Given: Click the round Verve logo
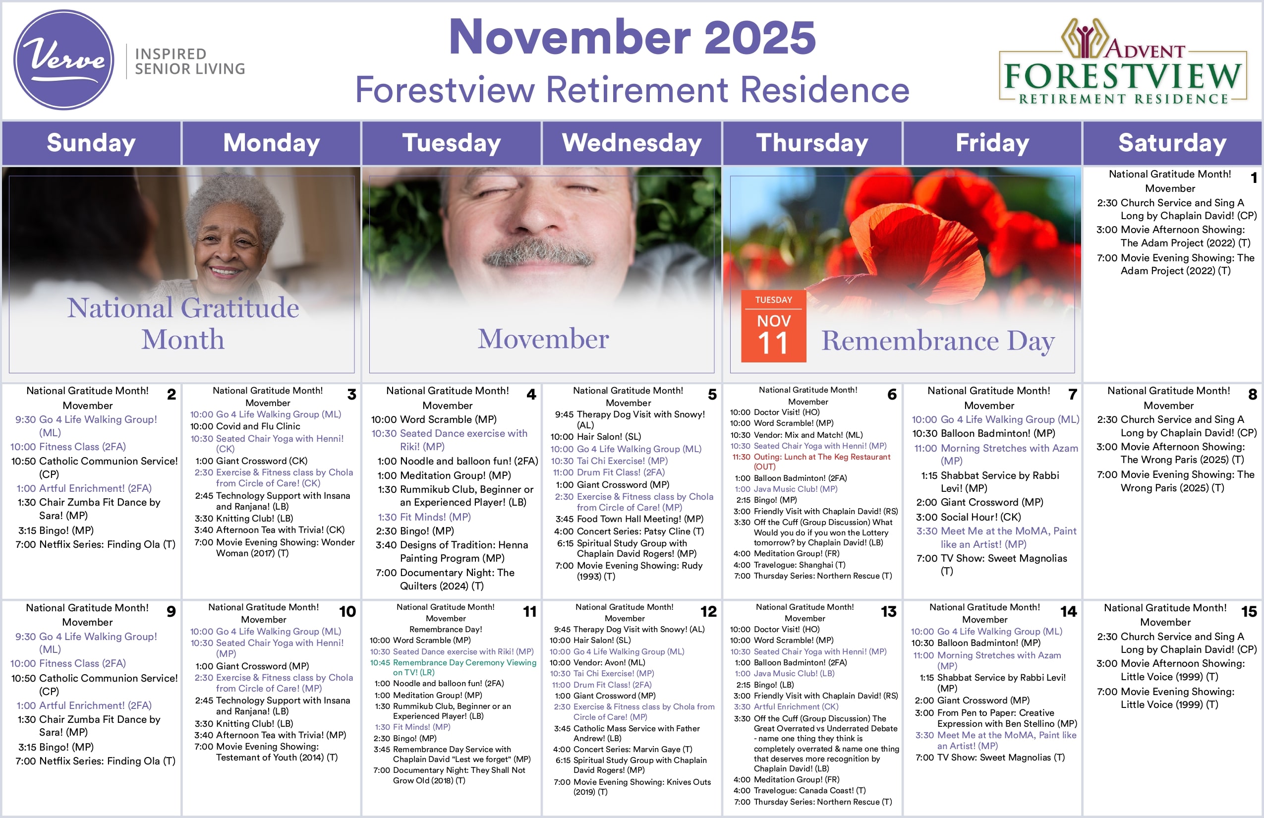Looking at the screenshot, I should coord(64,59).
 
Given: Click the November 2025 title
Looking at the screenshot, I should coord(632,37).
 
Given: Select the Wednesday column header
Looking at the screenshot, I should coord(632,143).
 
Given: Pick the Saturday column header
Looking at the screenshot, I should coord(1172,143).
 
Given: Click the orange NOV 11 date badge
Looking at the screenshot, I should coord(773,327).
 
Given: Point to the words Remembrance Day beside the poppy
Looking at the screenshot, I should coord(937,341).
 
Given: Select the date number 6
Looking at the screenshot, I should coord(892,395).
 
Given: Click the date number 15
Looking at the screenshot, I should coord(1249,612).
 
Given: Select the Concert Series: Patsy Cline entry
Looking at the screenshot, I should coord(630,531).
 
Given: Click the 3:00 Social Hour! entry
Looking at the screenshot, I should coord(968,517).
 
